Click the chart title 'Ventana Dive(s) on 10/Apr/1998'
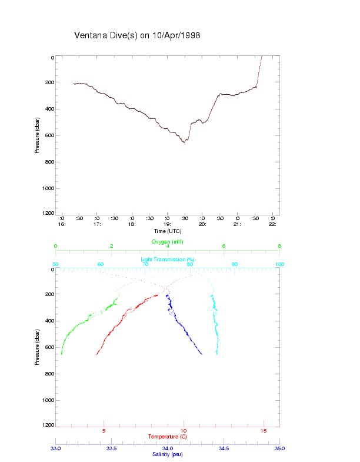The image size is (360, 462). click(x=138, y=35)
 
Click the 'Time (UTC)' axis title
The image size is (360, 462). click(x=168, y=231)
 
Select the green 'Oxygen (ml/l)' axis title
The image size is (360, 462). click(x=168, y=242)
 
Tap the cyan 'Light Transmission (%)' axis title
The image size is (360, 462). click(x=168, y=259)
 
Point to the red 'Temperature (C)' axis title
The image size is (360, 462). click(x=168, y=437)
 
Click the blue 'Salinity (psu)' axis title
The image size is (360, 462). click(x=168, y=454)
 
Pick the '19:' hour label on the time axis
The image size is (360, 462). click(x=167, y=224)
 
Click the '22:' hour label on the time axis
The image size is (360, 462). click(x=272, y=224)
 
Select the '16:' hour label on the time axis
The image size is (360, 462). click(x=62, y=224)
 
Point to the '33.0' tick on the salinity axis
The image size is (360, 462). click(x=56, y=448)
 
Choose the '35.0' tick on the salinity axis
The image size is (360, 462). click(x=279, y=448)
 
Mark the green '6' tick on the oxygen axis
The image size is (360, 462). click(x=224, y=246)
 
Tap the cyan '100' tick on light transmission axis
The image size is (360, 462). click(x=279, y=264)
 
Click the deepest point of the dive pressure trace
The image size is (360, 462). click(x=184, y=142)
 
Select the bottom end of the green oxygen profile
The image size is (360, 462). click(x=61, y=354)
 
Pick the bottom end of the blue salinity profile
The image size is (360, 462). click(x=202, y=354)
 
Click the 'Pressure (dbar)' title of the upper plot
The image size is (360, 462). click(x=37, y=135)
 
